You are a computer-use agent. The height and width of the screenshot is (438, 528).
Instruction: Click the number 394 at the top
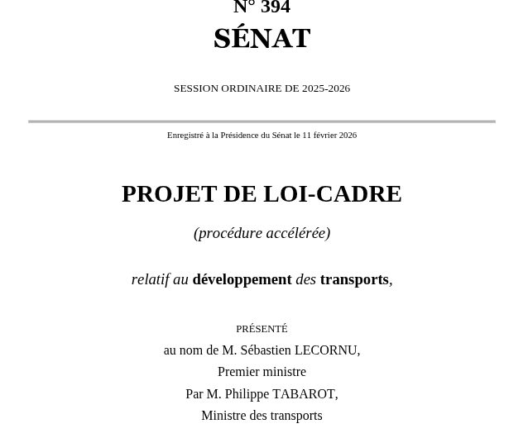[276, 7]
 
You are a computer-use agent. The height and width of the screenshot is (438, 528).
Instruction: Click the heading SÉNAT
[262, 39]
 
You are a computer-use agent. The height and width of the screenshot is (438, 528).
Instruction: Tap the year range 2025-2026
[326, 88]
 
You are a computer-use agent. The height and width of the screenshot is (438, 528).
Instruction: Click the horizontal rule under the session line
[262, 121]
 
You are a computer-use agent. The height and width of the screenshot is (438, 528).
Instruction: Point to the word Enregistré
[185, 136]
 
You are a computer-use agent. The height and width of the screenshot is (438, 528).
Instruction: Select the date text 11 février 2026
[329, 136]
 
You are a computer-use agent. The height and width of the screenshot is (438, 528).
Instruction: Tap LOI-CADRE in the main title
[332, 193]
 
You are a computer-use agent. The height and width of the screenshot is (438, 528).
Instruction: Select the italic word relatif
[150, 279]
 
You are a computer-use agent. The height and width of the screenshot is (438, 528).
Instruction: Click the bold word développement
[242, 279]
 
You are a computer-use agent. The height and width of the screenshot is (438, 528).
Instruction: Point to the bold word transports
[354, 279]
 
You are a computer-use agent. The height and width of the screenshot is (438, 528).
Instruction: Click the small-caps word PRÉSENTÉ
[262, 329]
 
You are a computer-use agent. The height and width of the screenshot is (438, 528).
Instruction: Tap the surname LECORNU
[329, 350]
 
